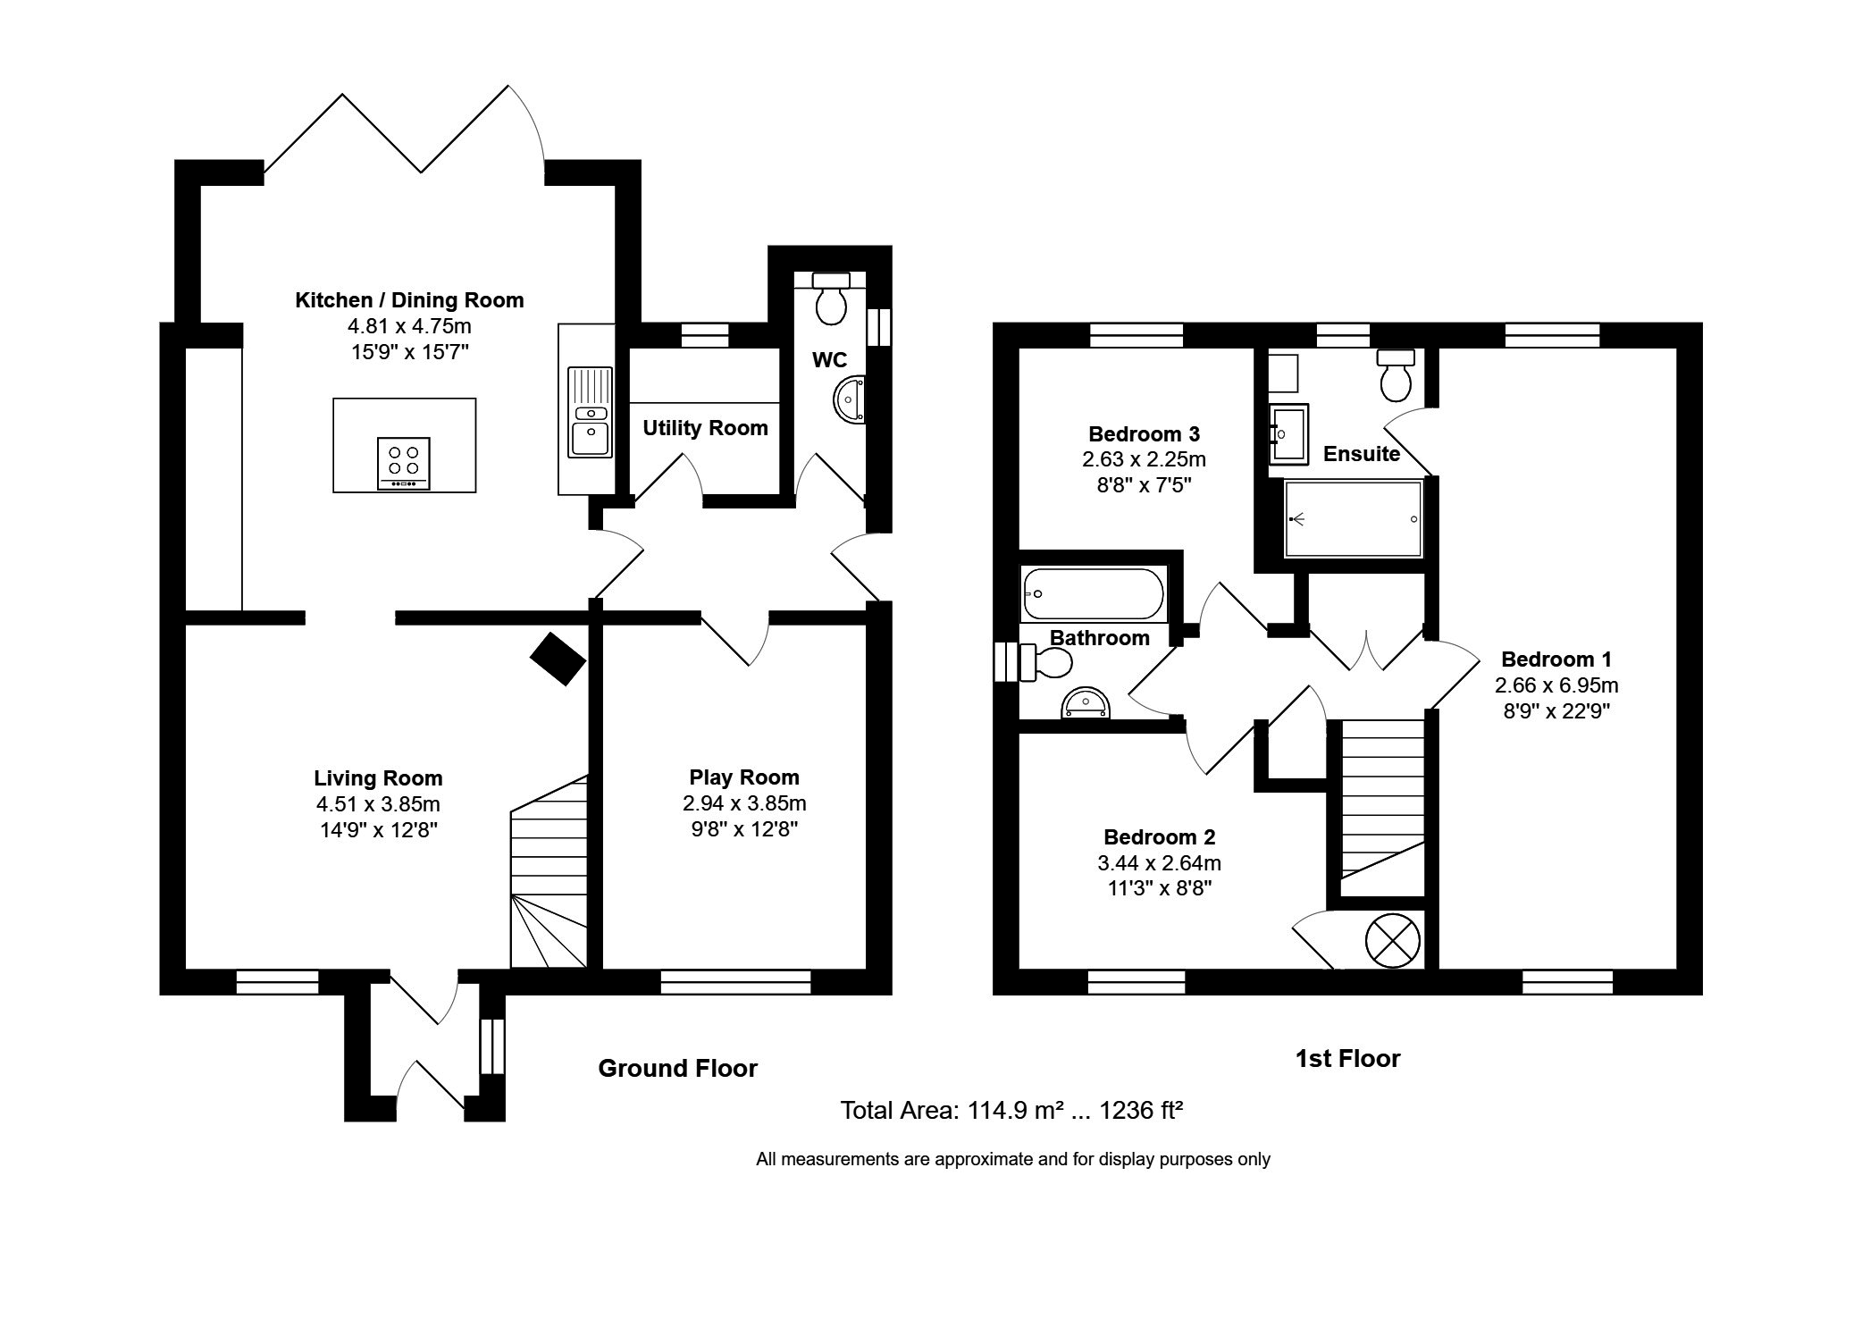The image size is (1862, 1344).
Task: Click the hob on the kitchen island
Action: [x=404, y=463]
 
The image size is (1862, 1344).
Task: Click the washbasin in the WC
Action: [x=850, y=399]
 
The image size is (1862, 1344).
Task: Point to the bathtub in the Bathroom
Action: [x=1095, y=594]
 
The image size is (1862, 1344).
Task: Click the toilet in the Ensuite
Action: [x=1396, y=375]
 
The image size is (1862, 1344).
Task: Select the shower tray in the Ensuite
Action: [x=1353, y=518]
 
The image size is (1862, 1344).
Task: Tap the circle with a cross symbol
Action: [x=1392, y=940]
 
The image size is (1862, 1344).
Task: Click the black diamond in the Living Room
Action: [x=558, y=659]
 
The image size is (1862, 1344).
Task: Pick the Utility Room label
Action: [x=705, y=428]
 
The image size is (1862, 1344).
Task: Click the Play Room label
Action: [x=744, y=777]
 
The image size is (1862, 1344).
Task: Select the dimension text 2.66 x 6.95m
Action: [x=1556, y=685]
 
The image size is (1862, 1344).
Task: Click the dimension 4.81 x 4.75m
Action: [x=409, y=326]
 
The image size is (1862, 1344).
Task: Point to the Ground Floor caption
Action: [x=677, y=1068]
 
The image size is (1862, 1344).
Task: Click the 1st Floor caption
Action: [x=1347, y=1059]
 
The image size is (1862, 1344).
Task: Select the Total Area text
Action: [x=1011, y=1111]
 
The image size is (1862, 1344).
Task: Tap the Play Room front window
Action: [x=735, y=982]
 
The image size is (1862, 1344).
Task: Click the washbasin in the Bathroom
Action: [x=1085, y=704]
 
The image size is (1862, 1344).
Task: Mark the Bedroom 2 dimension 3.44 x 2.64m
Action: [x=1159, y=863]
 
